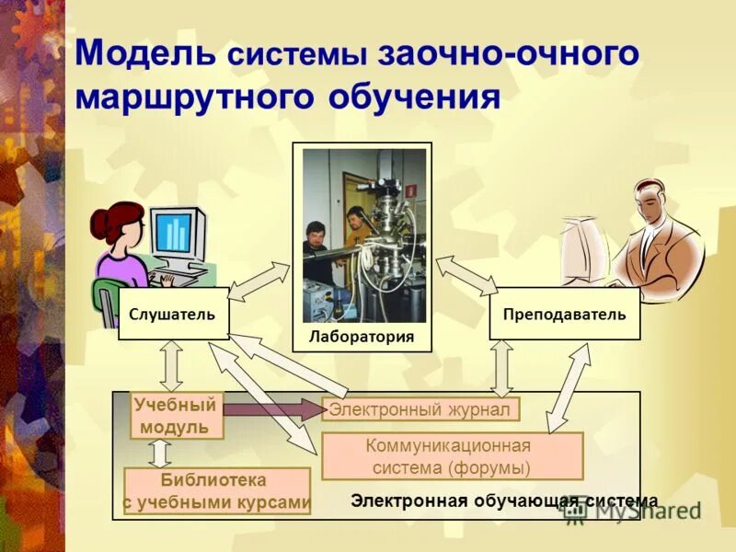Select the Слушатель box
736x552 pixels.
(x=173, y=315)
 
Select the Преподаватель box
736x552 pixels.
(x=564, y=315)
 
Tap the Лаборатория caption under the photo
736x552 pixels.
(x=360, y=337)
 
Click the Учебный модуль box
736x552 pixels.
(x=178, y=416)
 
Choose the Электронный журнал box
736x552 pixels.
(x=420, y=408)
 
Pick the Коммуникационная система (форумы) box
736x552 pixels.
(x=452, y=456)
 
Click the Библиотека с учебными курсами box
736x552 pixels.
(x=217, y=491)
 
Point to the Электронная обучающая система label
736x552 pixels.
(x=504, y=501)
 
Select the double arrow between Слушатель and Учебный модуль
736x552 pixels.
(x=171, y=365)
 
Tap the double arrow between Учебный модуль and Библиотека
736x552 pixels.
(x=160, y=453)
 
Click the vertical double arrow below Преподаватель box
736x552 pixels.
(x=502, y=367)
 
